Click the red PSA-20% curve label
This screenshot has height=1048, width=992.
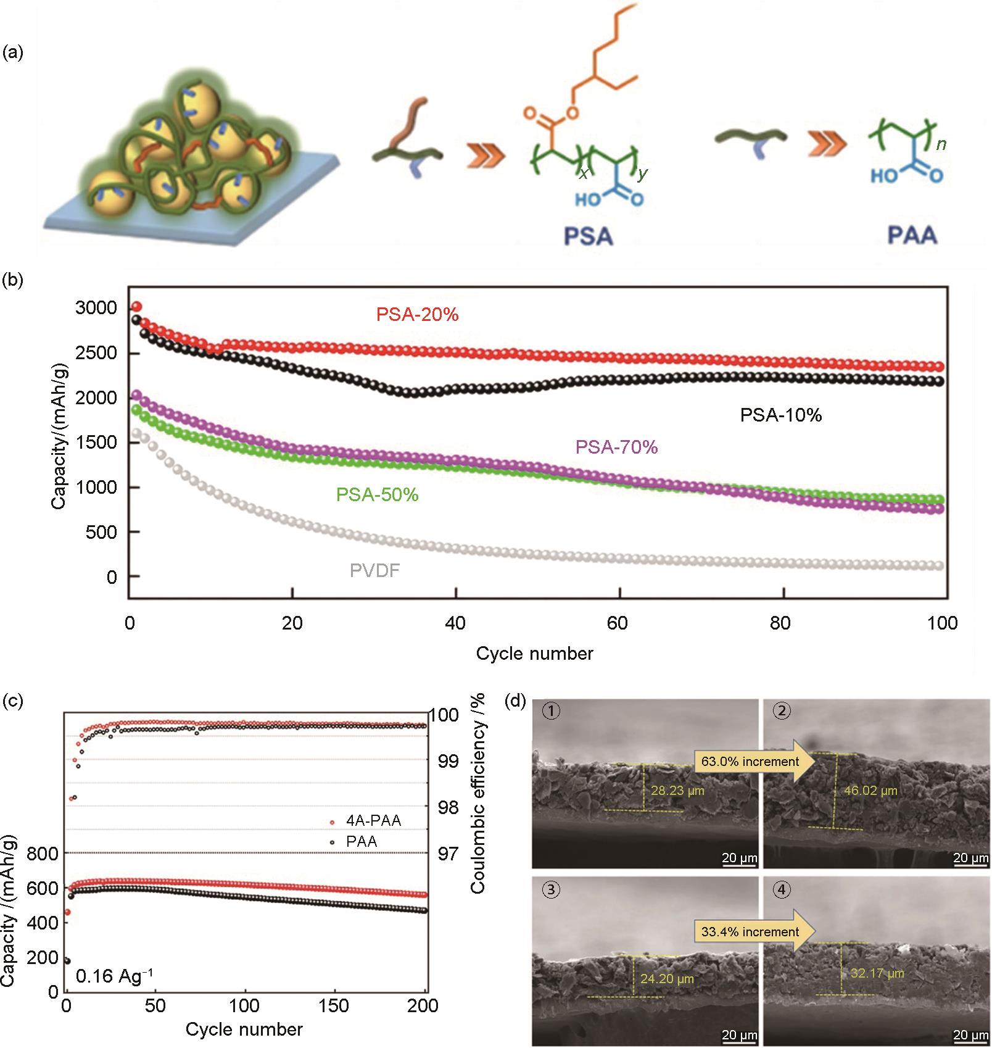point(418,315)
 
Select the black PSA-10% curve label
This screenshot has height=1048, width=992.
point(781,415)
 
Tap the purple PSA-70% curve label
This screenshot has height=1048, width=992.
point(616,447)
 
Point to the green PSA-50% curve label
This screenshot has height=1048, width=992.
point(377,495)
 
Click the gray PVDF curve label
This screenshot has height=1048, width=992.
point(374,570)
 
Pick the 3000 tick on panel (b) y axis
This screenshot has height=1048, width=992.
point(96,308)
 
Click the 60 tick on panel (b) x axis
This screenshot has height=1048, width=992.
point(618,623)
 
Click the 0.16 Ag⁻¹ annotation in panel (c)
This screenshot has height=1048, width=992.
point(114,976)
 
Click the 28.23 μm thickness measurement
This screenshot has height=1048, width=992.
point(677,790)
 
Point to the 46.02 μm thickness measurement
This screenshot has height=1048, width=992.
point(870,790)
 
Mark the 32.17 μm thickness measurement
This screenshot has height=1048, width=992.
point(877,973)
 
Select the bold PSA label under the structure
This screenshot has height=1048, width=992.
point(588,236)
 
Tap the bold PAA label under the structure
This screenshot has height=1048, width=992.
point(912,235)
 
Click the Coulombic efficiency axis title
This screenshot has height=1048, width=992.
point(479,793)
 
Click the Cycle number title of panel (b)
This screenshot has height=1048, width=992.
point(534,654)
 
